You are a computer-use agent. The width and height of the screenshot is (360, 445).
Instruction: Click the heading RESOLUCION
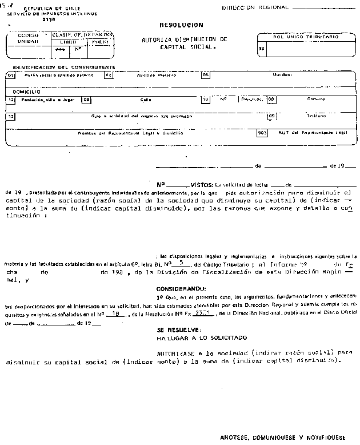point(181,26)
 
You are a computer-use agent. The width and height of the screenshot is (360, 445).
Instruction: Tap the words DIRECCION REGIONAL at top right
point(255,7)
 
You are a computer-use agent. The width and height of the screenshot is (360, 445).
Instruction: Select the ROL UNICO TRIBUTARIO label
point(306,37)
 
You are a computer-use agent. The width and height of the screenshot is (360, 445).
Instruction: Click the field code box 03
point(261,49)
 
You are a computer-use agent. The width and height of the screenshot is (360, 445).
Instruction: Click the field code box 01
point(10,75)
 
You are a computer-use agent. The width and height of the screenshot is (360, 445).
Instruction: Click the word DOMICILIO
point(23,91)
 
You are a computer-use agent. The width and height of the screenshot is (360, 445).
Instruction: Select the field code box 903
point(262,133)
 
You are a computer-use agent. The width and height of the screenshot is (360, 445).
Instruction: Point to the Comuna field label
point(316,99)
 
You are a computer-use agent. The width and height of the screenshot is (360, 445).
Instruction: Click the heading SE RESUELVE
point(178,330)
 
